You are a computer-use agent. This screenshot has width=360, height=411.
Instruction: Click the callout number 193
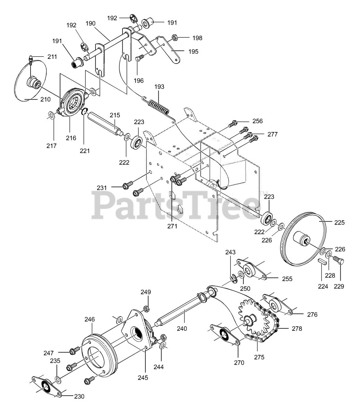coord(159,87)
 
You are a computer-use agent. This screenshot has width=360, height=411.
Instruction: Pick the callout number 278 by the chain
coord(297,328)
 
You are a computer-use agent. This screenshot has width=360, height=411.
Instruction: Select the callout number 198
coord(197,38)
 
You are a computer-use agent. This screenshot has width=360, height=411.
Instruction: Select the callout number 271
coord(172,226)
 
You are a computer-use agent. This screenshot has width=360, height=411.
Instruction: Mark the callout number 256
coord(257,121)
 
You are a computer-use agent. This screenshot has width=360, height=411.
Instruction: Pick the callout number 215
coord(115,115)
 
